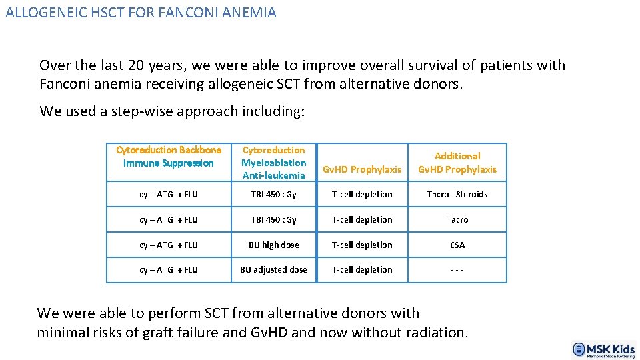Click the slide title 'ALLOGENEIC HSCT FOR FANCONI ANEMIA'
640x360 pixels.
point(141,13)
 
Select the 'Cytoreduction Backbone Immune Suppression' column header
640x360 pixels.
point(169,157)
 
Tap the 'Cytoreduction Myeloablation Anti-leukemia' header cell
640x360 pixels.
point(273,163)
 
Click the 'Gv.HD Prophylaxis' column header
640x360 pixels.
point(362,169)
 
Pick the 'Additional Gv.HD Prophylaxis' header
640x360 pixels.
point(457,163)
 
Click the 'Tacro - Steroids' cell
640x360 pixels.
point(457,195)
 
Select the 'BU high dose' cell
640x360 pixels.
point(273,245)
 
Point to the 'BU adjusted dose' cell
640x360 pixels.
point(273,270)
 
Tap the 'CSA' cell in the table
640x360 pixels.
point(457,245)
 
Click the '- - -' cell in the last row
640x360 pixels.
point(457,270)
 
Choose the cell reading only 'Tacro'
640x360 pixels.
point(457,219)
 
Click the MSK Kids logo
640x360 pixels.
point(603,349)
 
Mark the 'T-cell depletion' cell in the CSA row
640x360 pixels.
point(362,245)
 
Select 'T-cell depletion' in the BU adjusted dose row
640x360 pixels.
point(362,270)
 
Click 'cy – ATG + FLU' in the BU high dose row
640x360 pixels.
point(169,245)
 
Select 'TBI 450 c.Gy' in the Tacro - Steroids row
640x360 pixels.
point(273,195)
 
